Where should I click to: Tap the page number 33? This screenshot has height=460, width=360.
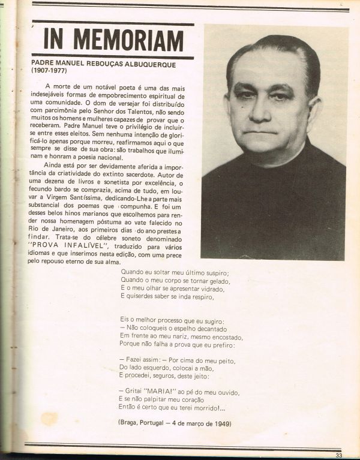click(340, 455)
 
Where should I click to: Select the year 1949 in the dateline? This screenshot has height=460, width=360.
click(221, 424)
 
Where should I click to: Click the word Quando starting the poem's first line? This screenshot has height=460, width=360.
click(132, 271)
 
